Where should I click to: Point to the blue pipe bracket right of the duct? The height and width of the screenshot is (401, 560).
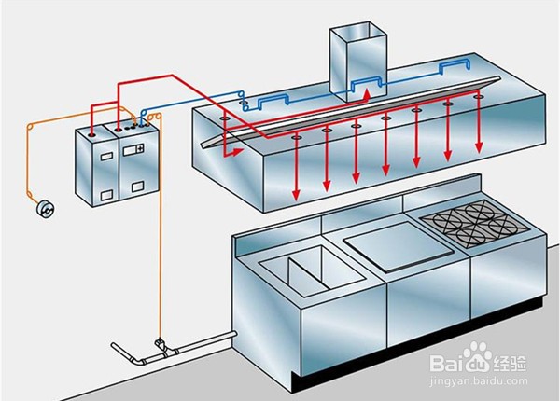pos(455,68)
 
